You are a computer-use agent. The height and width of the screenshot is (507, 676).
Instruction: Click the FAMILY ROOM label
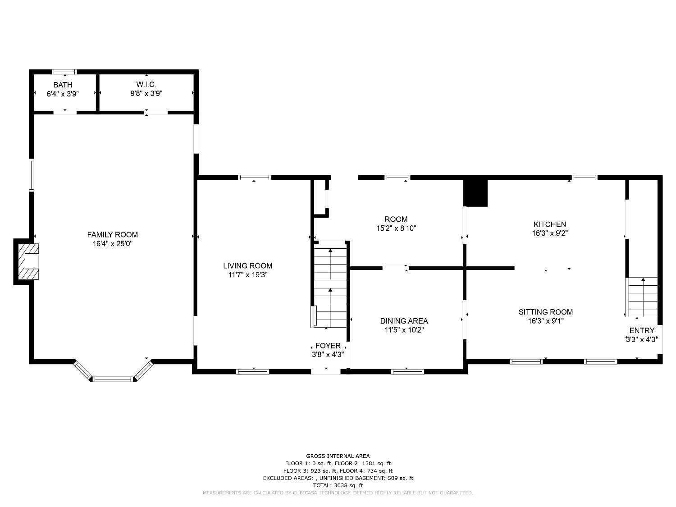[112, 234]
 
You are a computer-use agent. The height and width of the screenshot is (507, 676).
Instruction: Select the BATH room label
[63, 85]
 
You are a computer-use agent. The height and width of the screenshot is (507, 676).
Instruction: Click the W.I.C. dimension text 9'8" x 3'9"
[146, 94]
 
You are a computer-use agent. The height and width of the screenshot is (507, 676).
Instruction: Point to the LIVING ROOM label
[248, 266]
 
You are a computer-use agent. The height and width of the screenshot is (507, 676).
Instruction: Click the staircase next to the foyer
[331, 284]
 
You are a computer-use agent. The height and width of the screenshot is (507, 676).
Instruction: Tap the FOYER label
[328, 346]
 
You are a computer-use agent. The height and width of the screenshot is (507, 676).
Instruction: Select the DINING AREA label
[404, 321]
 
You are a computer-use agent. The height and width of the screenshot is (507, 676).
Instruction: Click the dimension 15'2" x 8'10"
[396, 228]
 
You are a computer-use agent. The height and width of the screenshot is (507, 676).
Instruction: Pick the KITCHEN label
[549, 224]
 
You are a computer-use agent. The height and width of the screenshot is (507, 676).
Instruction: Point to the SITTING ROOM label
[545, 312]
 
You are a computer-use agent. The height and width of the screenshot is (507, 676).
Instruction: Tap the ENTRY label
[642, 330]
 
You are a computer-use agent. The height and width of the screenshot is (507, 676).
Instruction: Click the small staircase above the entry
[643, 297]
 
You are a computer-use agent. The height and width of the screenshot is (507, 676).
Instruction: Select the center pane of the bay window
[114, 379]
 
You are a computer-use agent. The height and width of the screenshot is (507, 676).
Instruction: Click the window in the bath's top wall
[64, 72]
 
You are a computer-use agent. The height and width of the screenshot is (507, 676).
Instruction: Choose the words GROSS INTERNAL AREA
[338, 456]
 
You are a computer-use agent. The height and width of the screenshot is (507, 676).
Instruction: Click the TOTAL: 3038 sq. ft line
[338, 485]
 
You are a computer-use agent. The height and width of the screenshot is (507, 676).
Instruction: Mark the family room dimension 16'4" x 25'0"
[112, 244]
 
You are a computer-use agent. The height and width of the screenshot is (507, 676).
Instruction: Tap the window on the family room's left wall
[32, 175]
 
